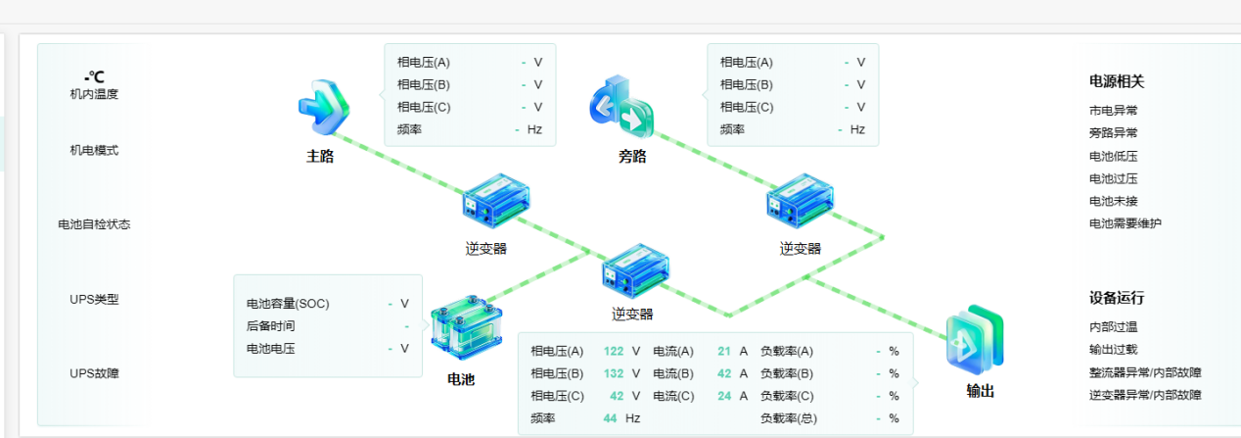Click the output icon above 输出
click(975, 340)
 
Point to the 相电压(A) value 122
click(614, 351)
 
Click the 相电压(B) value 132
click(614, 373)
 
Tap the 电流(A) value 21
click(724, 351)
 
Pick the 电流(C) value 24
click(724, 396)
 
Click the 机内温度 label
click(94, 94)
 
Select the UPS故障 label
click(94, 373)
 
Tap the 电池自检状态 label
click(94, 224)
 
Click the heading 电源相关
click(1117, 81)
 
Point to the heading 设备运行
click(1117, 298)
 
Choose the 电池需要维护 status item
click(1126, 223)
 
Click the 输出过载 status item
click(1113, 350)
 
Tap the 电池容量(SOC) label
click(288, 304)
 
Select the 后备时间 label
click(270, 326)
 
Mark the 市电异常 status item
click(1113, 111)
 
